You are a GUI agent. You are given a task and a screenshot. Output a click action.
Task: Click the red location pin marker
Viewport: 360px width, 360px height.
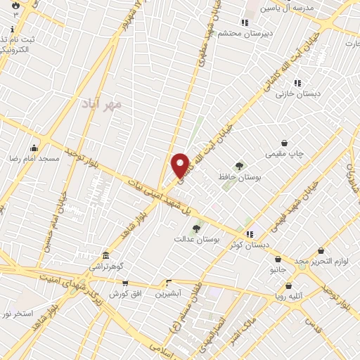point(181,165)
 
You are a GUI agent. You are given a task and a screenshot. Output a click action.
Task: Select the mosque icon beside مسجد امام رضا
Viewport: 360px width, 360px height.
point(34,148)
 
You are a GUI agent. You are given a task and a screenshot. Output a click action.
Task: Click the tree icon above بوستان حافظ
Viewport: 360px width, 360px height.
point(240,166)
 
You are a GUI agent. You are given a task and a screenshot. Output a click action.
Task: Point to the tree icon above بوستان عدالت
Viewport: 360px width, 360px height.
point(196,228)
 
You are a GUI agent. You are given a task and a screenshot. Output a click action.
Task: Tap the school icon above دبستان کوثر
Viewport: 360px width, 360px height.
point(248,233)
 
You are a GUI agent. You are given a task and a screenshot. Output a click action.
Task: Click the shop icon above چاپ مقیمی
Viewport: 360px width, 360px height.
point(284,143)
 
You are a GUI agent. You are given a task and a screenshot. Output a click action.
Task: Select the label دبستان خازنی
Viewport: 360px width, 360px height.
point(298,93)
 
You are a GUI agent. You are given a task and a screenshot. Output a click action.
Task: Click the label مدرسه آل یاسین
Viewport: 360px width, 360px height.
point(286,7)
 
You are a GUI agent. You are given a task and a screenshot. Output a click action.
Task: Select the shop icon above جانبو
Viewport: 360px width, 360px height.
point(278,259)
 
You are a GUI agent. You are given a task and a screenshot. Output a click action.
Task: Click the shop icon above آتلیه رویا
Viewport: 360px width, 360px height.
point(289,285)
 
